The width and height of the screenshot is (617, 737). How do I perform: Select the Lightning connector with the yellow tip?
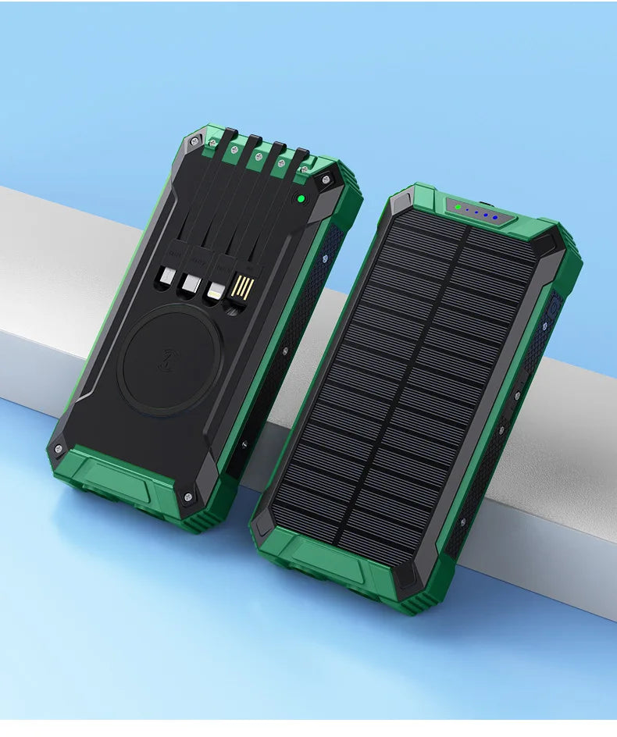coord(213,291)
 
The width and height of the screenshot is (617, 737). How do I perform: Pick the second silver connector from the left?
coord(188,284)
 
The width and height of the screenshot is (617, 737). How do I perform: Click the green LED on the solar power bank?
coord(458,208)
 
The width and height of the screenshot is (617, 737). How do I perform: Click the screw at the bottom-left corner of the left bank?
coord(58,449)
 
